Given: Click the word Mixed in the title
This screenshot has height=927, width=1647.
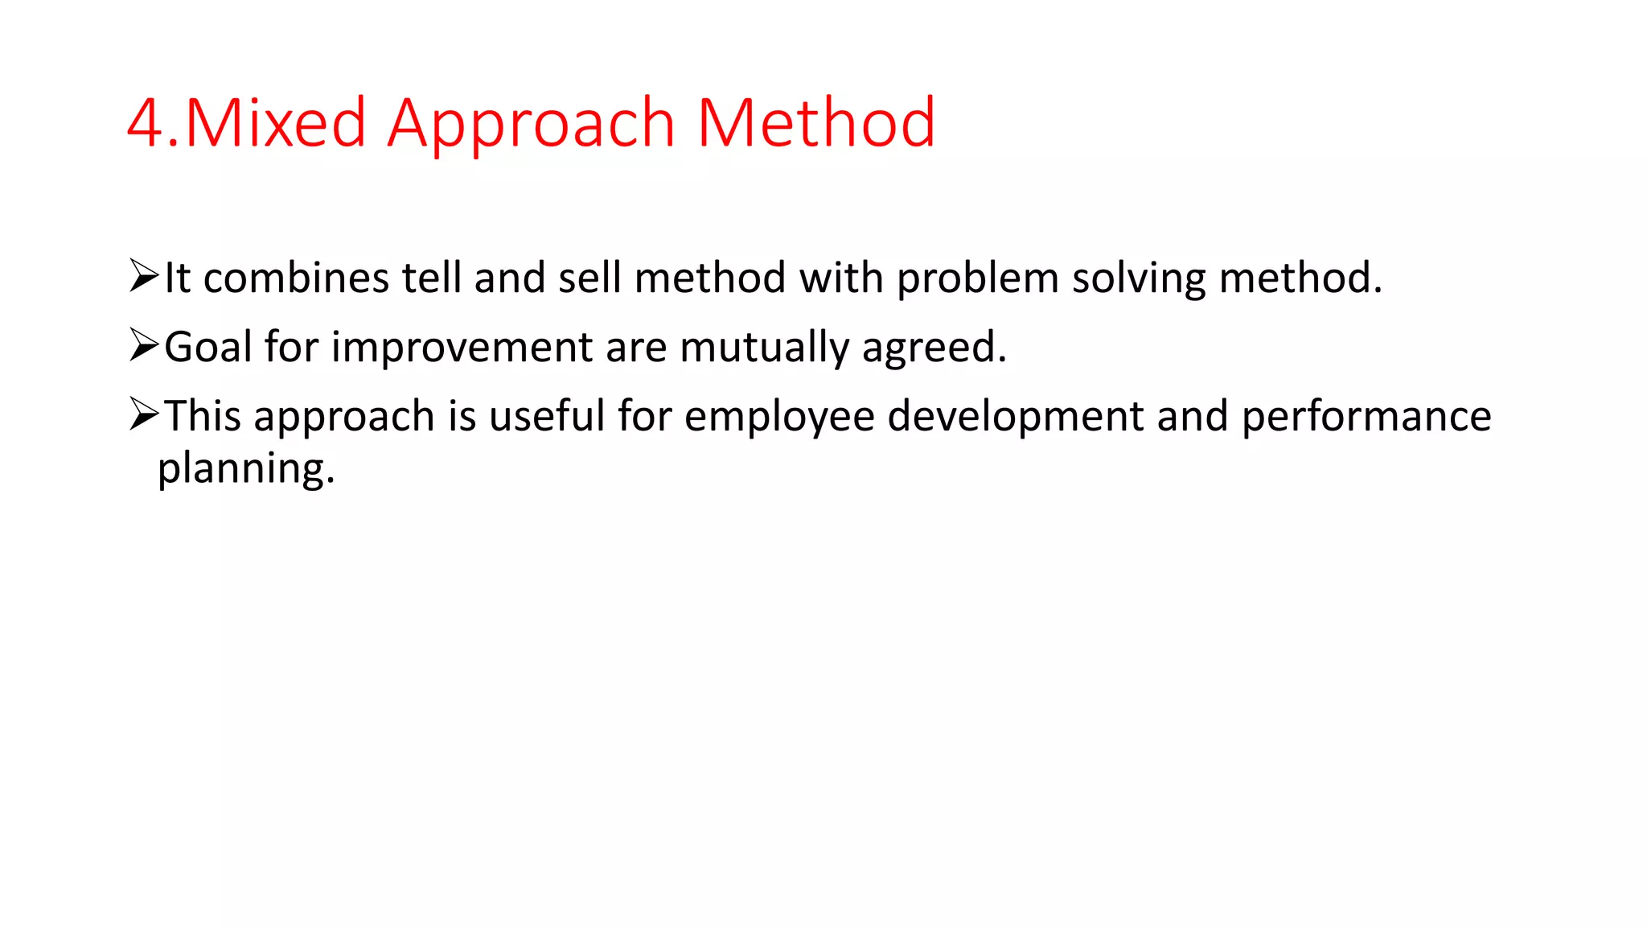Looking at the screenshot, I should click(275, 123).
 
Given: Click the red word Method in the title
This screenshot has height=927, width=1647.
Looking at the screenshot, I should click(815, 123).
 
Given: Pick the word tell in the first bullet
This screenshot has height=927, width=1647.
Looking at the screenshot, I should click(430, 278).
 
